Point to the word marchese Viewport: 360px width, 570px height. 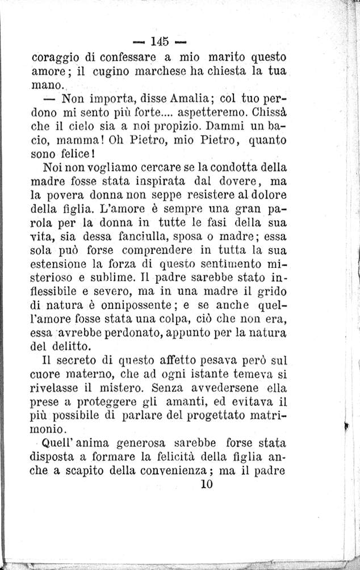point(170,72)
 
